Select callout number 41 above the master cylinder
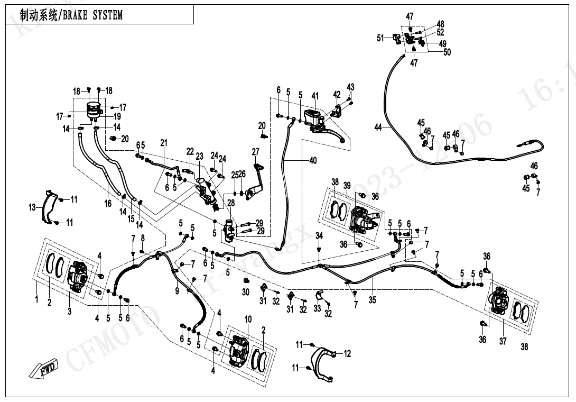pos(315,96)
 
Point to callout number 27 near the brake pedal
pos(256,152)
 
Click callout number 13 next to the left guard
pos(32,208)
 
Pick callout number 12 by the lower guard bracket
pos(347,354)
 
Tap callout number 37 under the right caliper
pos(503,341)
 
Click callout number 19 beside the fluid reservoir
pos(117,116)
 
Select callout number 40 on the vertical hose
pos(313,161)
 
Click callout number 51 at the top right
pos(379,38)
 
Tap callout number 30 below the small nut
pos(246,293)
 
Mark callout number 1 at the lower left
pos(36,300)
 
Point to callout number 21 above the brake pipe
pos(164,143)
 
